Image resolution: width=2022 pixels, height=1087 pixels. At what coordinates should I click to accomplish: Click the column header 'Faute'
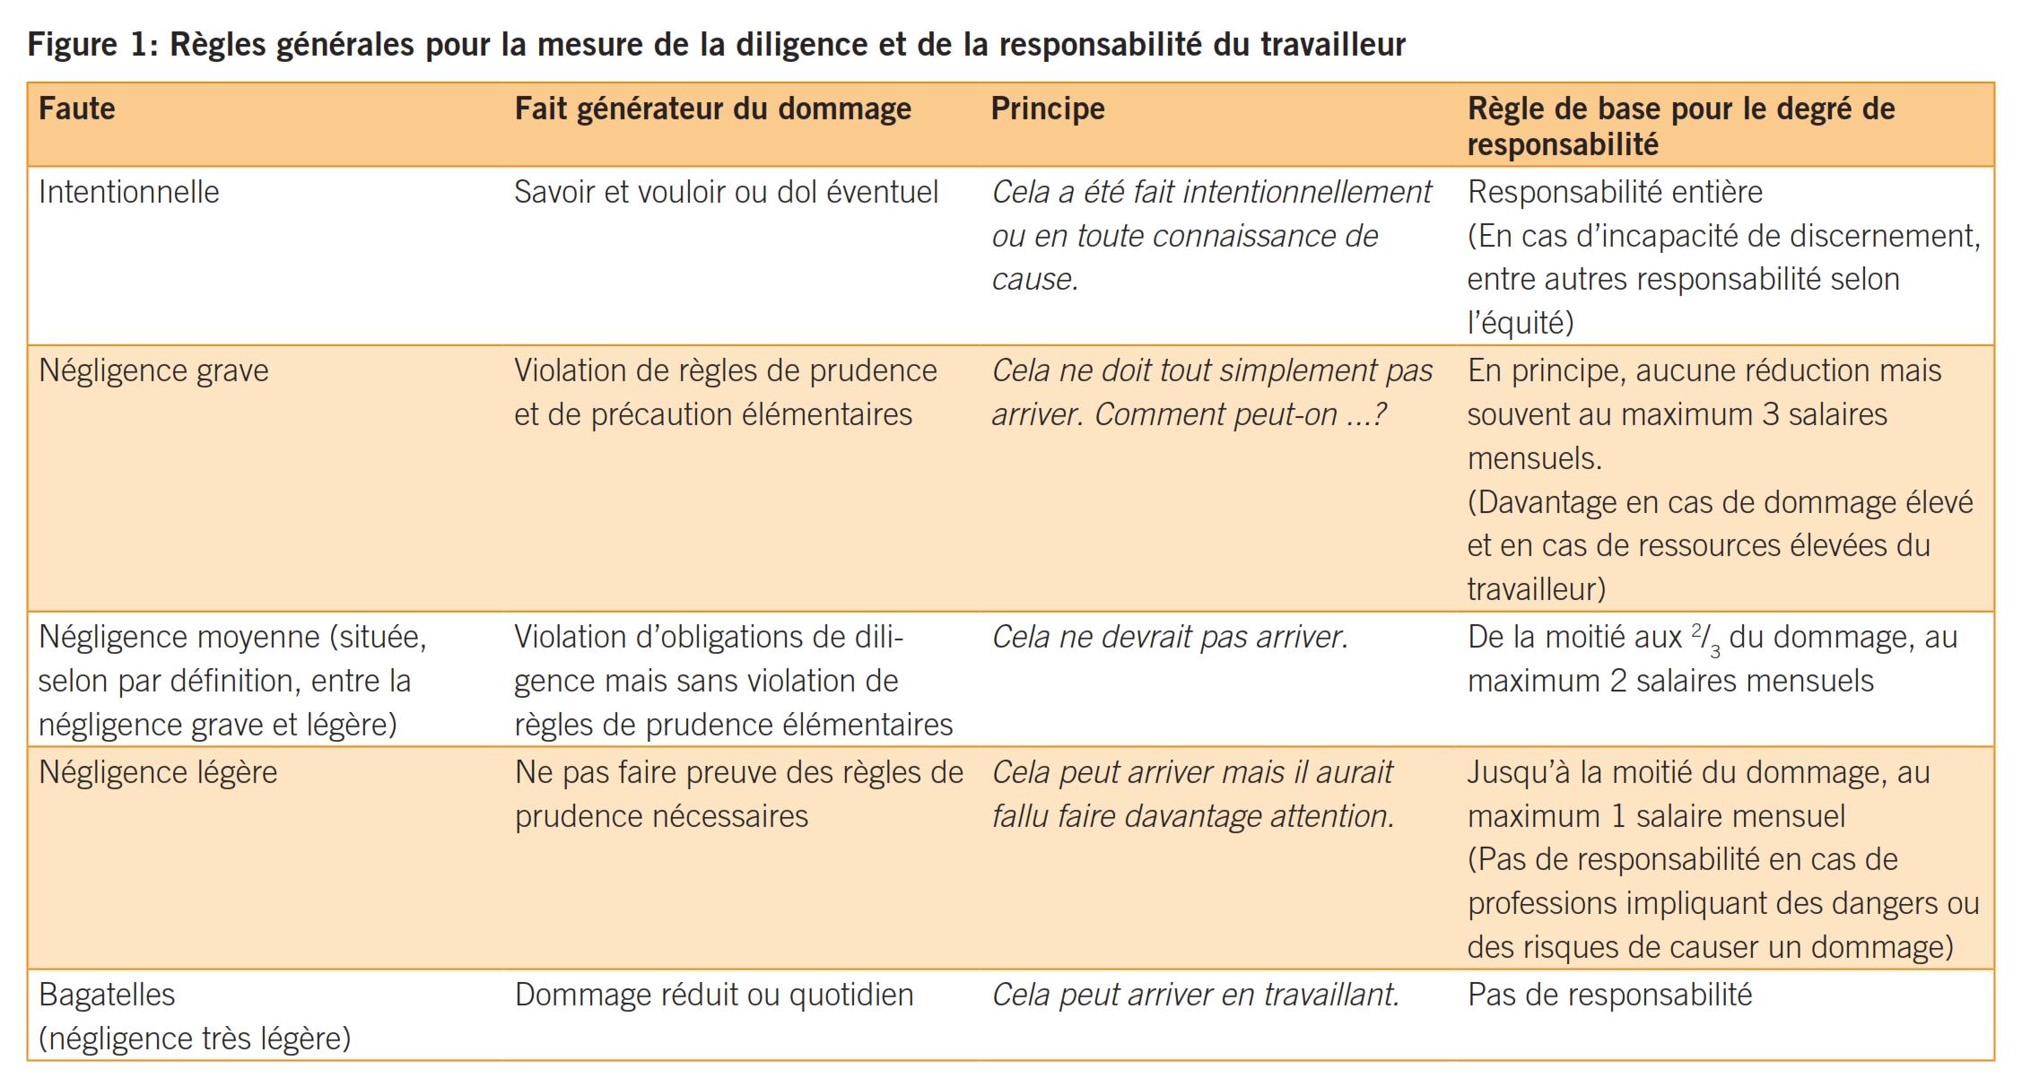coord(77,109)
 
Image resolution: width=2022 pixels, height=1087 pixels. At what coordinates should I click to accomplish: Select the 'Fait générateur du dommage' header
coord(712,109)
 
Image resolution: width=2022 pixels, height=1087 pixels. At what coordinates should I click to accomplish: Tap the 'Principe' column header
coord(1048,109)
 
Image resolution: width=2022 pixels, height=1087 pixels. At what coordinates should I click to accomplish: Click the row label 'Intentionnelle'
coord(129,192)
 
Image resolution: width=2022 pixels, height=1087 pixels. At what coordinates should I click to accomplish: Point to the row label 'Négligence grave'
coord(153,370)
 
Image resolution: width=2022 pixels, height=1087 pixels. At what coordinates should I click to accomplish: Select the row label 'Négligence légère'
coord(158,772)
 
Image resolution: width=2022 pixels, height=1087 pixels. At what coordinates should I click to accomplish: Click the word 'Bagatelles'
coord(108,995)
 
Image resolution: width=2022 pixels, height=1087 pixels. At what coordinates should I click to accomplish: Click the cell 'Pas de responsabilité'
coord(1609,995)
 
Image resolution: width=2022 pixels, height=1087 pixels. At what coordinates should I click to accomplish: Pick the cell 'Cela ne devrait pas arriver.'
coord(1170,637)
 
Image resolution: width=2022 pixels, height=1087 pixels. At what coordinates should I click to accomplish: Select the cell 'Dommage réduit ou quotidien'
coord(714,995)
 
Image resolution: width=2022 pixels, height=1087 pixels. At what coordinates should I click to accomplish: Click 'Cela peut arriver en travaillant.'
coord(1196,995)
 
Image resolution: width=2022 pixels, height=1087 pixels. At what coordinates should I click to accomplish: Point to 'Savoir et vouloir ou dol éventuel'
coord(726,192)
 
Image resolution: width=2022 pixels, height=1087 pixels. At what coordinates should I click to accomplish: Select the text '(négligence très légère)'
coord(195,1039)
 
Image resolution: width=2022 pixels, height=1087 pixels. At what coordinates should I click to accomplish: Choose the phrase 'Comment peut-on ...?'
coord(1241,414)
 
